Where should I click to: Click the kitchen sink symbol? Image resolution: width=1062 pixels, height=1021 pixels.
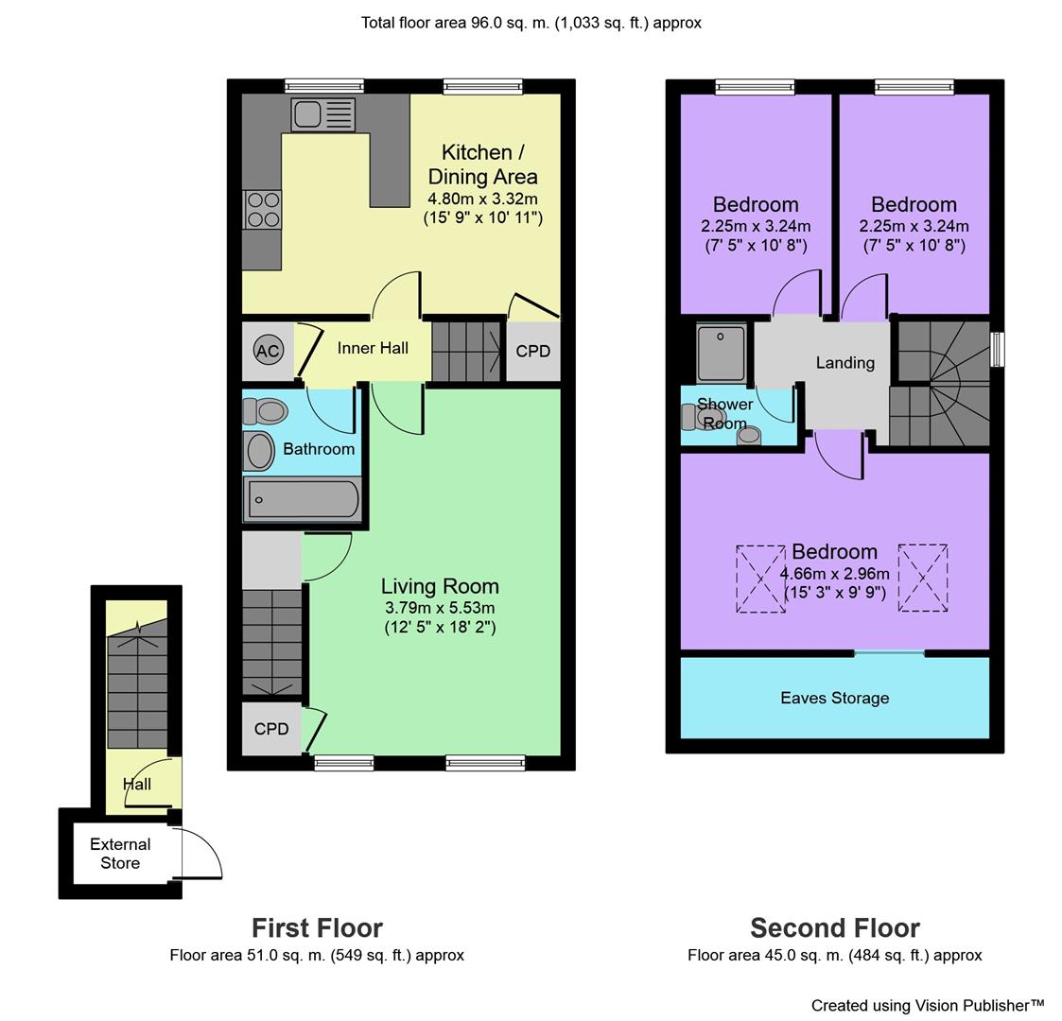[x=323, y=114]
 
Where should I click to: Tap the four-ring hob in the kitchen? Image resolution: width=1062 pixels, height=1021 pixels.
[x=263, y=210]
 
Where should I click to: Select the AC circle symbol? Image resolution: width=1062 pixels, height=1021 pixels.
[x=269, y=351]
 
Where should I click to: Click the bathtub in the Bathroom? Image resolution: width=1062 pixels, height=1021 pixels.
[x=302, y=500]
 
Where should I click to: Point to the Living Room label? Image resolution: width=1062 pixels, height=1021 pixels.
[x=440, y=585]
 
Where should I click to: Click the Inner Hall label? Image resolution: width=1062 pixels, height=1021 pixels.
[x=373, y=348]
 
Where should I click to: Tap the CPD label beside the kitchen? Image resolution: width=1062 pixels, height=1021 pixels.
[x=533, y=352]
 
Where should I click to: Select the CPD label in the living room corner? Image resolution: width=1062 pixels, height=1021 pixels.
[x=271, y=729]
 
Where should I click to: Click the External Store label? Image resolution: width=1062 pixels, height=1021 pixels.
[x=120, y=854]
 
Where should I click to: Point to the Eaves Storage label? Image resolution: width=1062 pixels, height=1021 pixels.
[x=834, y=698]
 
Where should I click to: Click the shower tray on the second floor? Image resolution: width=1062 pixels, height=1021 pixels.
[x=722, y=352]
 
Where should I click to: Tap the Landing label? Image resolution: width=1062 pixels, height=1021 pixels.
[x=845, y=363]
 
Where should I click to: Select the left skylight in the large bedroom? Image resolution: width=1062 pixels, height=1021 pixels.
[x=760, y=580]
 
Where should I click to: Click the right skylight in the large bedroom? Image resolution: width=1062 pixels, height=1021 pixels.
[x=923, y=578]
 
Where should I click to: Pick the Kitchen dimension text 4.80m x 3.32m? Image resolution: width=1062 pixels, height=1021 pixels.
[x=483, y=199]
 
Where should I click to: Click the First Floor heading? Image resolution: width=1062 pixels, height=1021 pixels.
[x=317, y=927]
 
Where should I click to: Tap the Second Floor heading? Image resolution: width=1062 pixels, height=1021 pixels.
[x=835, y=927]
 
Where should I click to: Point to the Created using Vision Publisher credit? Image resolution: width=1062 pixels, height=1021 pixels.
[x=928, y=1006]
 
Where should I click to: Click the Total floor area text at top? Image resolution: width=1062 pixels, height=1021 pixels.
[x=531, y=23]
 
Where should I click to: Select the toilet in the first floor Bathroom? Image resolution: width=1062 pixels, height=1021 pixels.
[x=266, y=410]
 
